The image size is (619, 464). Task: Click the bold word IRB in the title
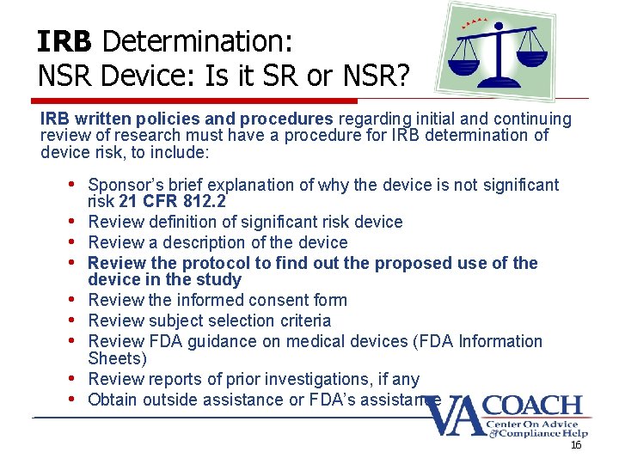[65, 41]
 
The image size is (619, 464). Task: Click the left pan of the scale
[468, 68]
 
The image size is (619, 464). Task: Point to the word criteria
[301, 321]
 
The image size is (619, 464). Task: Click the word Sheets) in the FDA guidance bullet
[118, 357]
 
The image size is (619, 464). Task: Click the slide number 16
[576, 444]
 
